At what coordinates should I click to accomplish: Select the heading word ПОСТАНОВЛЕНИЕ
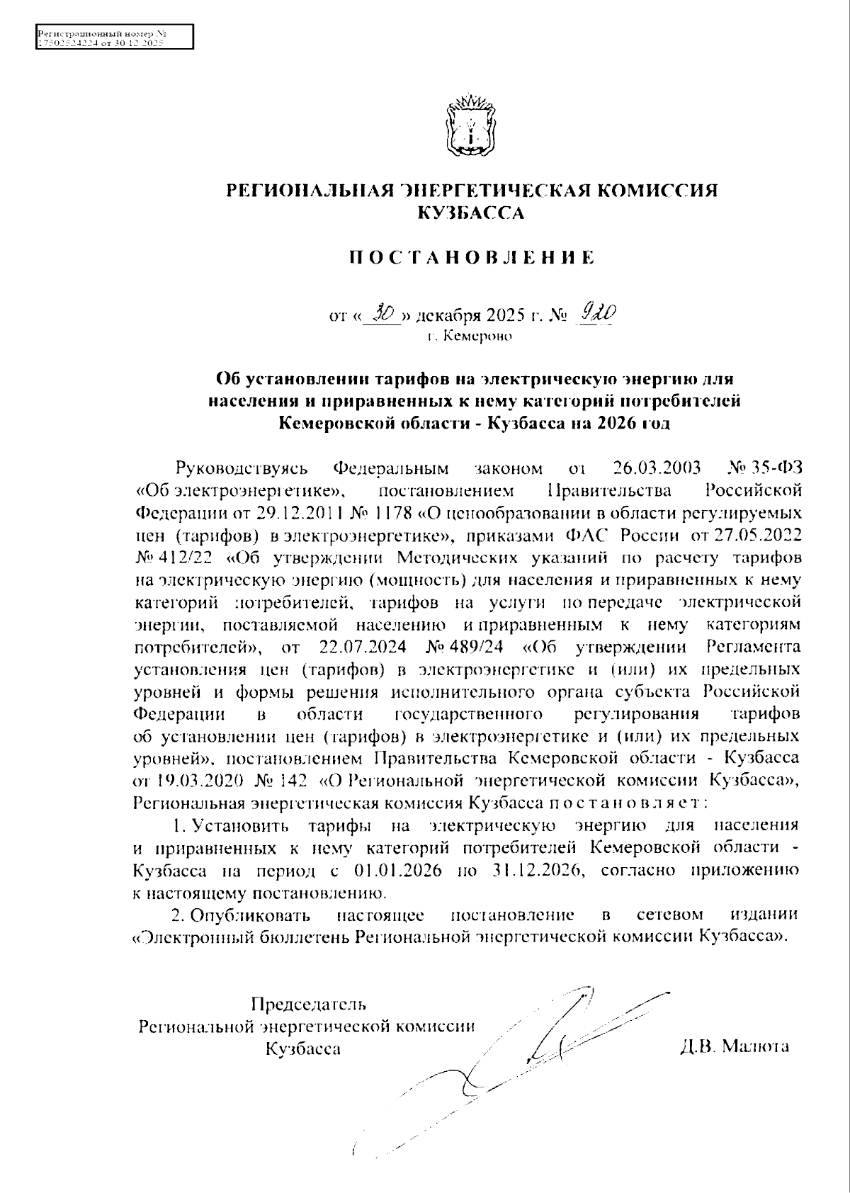(x=471, y=257)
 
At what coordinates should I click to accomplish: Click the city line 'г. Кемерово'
(x=470, y=336)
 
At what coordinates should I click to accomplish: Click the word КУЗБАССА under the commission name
(x=471, y=212)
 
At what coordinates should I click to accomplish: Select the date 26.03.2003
(x=655, y=468)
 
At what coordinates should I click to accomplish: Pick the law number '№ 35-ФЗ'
(x=766, y=468)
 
